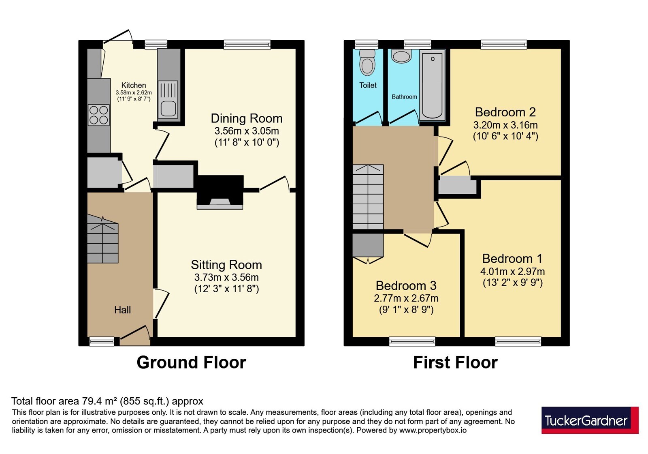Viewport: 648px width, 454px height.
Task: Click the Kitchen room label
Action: coord(133,86)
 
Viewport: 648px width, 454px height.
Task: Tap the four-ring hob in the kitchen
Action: coord(99,115)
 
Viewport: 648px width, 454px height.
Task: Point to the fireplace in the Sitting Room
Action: coord(220,192)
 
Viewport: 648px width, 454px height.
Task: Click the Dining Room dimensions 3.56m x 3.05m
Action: coord(247,131)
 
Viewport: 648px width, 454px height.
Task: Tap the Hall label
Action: coord(122,310)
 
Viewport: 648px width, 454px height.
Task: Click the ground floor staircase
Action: coord(103,239)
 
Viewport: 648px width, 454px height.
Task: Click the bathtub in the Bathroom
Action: coord(433,85)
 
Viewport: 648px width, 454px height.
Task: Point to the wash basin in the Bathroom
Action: coord(401,56)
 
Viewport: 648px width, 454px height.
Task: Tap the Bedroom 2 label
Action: coord(505,112)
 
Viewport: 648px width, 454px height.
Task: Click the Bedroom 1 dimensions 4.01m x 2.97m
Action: coord(513,272)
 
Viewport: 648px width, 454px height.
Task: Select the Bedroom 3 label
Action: coord(406,286)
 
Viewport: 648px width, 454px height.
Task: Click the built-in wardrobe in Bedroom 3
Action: coord(368,246)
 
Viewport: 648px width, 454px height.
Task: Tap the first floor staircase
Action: coord(368,197)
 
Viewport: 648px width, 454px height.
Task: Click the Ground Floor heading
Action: coord(191,362)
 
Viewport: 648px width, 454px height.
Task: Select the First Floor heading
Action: coord(455,362)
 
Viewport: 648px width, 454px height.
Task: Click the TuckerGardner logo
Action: coord(590,420)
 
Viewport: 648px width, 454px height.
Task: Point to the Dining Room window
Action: coord(247,45)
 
